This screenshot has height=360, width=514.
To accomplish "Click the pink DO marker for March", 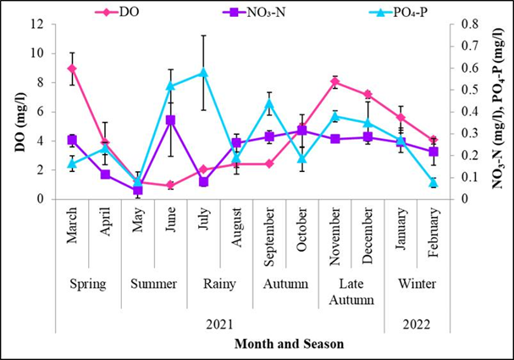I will (72, 69).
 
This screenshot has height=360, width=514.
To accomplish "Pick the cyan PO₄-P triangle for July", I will (203, 73).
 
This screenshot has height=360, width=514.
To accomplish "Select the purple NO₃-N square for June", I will (170, 120).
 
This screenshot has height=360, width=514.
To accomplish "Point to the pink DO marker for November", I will (335, 82).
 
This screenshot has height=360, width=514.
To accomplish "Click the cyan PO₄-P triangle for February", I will (434, 182).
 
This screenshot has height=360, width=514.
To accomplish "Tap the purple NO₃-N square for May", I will (137, 190).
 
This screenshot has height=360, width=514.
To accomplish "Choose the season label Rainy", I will (219, 284).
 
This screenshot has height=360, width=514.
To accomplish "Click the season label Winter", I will (417, 284).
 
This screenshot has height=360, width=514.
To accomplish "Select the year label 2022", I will (417, 324).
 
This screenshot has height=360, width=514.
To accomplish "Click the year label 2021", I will (219, 324).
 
